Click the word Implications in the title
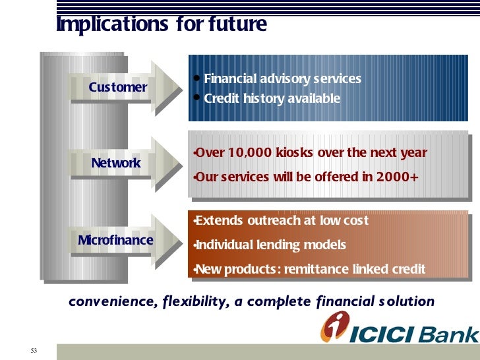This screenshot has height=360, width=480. [x=112, y=24]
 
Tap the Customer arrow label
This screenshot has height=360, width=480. [x=118, y=87]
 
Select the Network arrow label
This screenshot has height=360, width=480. [x=116, y=163]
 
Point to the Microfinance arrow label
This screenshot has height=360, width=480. [x=115, y=240]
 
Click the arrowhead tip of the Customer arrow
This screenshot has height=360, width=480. [x=183, y=90]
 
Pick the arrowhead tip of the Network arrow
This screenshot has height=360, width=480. [x=183, y=166]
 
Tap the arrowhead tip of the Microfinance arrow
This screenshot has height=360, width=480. [x=183, y=243]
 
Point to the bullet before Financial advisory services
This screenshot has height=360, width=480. [x=197, y=78]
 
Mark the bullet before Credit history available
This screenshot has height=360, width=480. [x=197, y=98]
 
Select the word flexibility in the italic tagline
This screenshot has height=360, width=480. [x=196, y=302]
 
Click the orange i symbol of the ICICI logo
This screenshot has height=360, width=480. [x=334, y=326]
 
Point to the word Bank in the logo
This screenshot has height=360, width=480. [x=448, y=334]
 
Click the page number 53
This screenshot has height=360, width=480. [x=34, y=351]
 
